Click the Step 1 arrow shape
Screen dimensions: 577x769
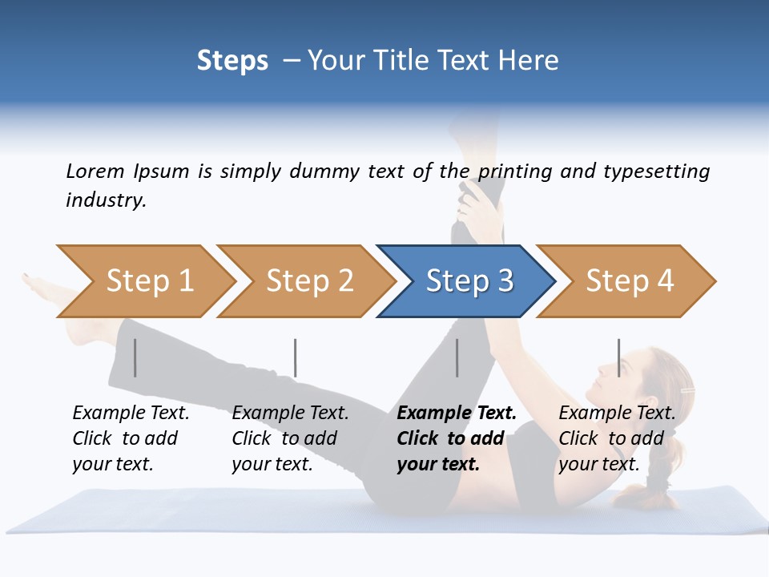pos(144,281)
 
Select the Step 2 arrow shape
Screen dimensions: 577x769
pos(305,281)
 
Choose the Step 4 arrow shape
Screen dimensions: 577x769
pos(626,281)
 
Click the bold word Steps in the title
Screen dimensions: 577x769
pos(232,61)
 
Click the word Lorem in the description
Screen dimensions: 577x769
pos(95,171)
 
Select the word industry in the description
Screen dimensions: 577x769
pos(105,200)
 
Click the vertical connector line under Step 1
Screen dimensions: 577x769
pos(135,357)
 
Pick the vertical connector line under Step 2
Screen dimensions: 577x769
pos(296,357)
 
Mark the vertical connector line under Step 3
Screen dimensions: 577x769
pos(457,357)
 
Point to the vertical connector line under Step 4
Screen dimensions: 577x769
pos(618,357)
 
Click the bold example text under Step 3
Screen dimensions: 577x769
pos(455,438)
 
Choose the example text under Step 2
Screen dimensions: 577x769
pos(289,438)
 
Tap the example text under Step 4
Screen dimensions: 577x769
pos(616,438)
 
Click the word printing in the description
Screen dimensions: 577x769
pos(517,171)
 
